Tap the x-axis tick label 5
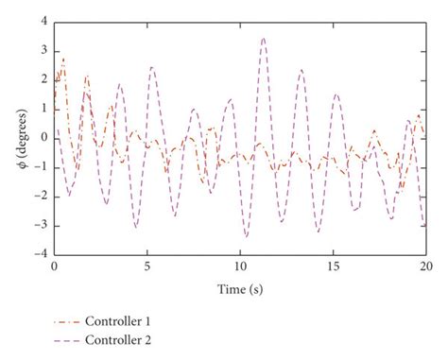coord(146,267)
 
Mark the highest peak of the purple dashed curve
coord(263,39)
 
